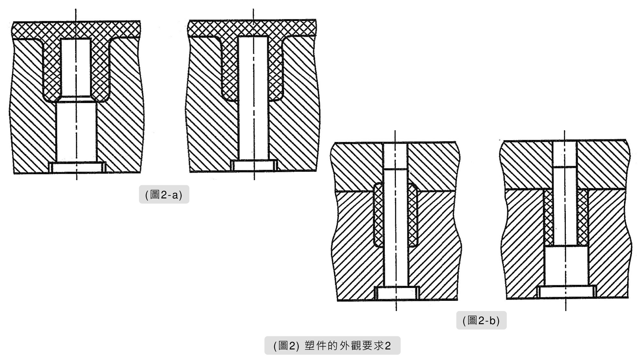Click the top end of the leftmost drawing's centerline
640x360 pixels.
(x=76, y=9)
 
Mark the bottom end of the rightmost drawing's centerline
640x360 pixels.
(x=565, y=310)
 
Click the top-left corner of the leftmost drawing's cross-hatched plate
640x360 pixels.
(x=13, y=22)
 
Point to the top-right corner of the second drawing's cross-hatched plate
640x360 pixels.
(x=316, y=20)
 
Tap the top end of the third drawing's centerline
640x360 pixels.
(x=395, y=131)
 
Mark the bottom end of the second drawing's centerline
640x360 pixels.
(x=254, y=180)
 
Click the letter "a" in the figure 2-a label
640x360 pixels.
(x=175, y=195)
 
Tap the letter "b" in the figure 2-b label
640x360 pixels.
(x=493, y=320)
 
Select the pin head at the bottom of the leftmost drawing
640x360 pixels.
(x=77, y=168)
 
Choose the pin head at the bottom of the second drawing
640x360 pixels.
(x=254, y=165)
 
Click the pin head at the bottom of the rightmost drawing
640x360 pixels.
(x=566, y=292)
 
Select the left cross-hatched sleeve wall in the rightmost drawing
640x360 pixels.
(x=548, y=218)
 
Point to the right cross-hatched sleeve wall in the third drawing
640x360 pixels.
(x=413, y=215)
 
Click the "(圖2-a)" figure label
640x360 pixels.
(x=164, y=194)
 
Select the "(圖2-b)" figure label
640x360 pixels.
(x=481, y=320)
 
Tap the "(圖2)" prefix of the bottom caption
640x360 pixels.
(x=286, y=346)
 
